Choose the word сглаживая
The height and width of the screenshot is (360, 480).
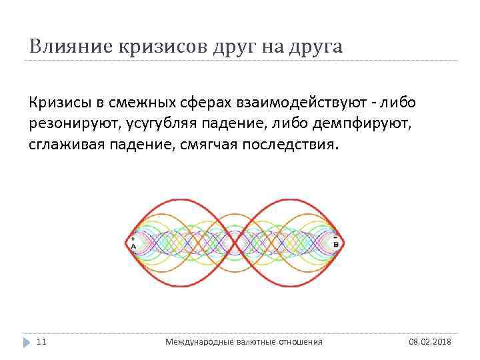67,145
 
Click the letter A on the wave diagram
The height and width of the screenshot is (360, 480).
133,246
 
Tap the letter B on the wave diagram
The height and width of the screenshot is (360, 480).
335,245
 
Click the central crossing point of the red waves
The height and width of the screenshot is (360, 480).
235,242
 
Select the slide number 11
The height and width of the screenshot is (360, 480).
41,341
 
